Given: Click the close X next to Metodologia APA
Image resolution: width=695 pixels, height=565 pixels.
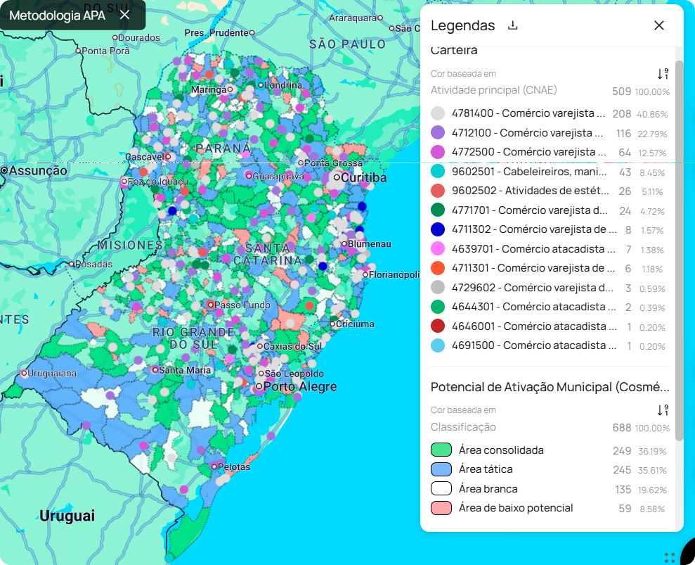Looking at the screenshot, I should pyautogui.click(x=124, y=15).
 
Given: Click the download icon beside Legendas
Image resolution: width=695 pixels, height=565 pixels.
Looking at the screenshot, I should pyautogui.click(x=513, y=26).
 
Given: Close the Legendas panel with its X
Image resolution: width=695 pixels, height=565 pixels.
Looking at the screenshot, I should pyautogui.click(x=658, y=25).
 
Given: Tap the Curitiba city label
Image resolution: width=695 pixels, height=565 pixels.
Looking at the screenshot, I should pyautogui.click(x=364, y=177).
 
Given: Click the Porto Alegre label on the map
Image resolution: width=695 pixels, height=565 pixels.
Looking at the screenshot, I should pyautogui.click(x=300, y=386).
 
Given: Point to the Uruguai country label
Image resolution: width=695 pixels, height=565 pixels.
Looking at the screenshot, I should pyautogui.click(x=67, y=516).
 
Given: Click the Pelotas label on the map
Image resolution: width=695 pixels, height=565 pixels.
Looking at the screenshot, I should pyautogui.click(x=234, y=466).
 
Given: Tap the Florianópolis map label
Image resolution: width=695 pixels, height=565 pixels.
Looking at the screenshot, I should pyautogui.click(x=394, y=274).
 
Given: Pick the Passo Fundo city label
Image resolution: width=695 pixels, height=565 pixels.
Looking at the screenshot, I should pyautogui.click(x=242, y=305).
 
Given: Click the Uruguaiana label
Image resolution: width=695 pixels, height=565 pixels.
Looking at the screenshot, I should pyautogui.click(x=53, y=373).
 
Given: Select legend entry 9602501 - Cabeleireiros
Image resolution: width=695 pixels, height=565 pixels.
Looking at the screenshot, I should pyautogui.click(x=530, y=172).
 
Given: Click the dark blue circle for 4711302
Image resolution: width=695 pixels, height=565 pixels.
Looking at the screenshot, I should pyautogui.click(x=438, y=229).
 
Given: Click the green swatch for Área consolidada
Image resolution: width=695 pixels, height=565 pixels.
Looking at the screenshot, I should pyautogui.click(x=441, y=450).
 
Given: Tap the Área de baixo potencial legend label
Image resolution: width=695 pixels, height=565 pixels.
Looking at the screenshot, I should pyautogui.click(x=516, y=508).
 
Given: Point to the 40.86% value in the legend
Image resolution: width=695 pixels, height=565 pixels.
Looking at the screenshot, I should pyautogui.click(x=652, y=114).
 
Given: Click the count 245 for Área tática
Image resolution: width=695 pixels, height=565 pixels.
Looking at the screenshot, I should pyautogui.click(x=622, y=469).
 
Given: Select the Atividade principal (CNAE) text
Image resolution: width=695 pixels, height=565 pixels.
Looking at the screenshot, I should pyautogui.click(x=493, y=89).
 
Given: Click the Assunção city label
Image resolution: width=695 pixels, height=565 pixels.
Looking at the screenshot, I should pyautogui.click(x=38, y=170).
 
